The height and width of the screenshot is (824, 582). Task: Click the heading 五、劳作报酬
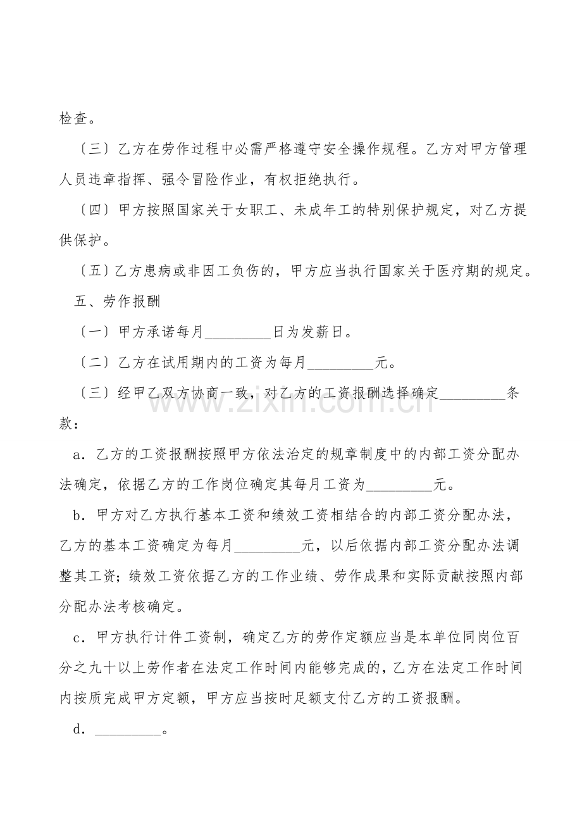point(117,301)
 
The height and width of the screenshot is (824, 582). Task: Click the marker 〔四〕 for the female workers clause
point(95,211)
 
